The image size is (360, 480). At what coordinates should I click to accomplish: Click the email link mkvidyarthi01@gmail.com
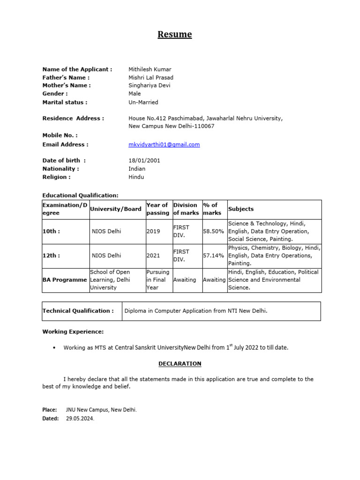[x=164, y=144]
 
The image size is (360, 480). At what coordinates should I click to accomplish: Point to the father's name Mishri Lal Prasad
[x=151, y=77]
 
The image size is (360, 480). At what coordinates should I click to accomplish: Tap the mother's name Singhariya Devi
[x=150, y=85]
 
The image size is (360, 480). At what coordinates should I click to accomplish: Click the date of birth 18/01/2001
[x=144, y=160]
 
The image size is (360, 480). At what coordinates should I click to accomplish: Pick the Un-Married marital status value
[x=143, y=102]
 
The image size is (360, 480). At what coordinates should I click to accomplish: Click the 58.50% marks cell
[x=213, y=232]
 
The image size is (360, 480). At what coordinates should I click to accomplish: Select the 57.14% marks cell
[x=213, y=256]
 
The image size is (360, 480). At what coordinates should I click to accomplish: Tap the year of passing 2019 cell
[x=153, y=232]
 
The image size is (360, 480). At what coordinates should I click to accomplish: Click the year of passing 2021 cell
[x=153, y=256]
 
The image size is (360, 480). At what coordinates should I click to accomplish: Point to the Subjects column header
[x=241, y=209]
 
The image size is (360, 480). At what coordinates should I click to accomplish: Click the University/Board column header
[x=116, y=209]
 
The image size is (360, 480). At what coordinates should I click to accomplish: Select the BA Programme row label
[x=65, y=280]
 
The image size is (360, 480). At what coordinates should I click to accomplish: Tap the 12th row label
[x=51, y=256]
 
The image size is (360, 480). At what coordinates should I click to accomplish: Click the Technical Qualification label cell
[x=78, y=311]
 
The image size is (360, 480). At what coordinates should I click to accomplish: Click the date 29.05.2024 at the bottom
[x=80, y=419]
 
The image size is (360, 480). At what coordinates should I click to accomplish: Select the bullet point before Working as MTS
[x=54, y=348]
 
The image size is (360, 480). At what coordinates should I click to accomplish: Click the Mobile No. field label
[x=60, y=135]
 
